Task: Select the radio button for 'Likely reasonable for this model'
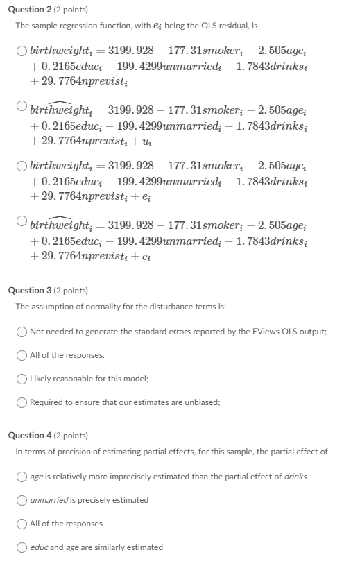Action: pos(22,378)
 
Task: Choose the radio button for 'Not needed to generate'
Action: pos(22,332)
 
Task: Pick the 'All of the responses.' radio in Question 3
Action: pos(22,355)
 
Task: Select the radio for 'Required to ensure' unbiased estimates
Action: pos(22,402)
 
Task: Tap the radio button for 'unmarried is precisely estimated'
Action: pos(22,500)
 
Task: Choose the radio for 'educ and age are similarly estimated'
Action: pos(22,547)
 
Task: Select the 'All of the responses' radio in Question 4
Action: pos(22,524)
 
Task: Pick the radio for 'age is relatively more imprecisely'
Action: pos(22,477)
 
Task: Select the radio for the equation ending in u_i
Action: pos(22,106)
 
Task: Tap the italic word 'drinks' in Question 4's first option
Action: pos(295,477)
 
